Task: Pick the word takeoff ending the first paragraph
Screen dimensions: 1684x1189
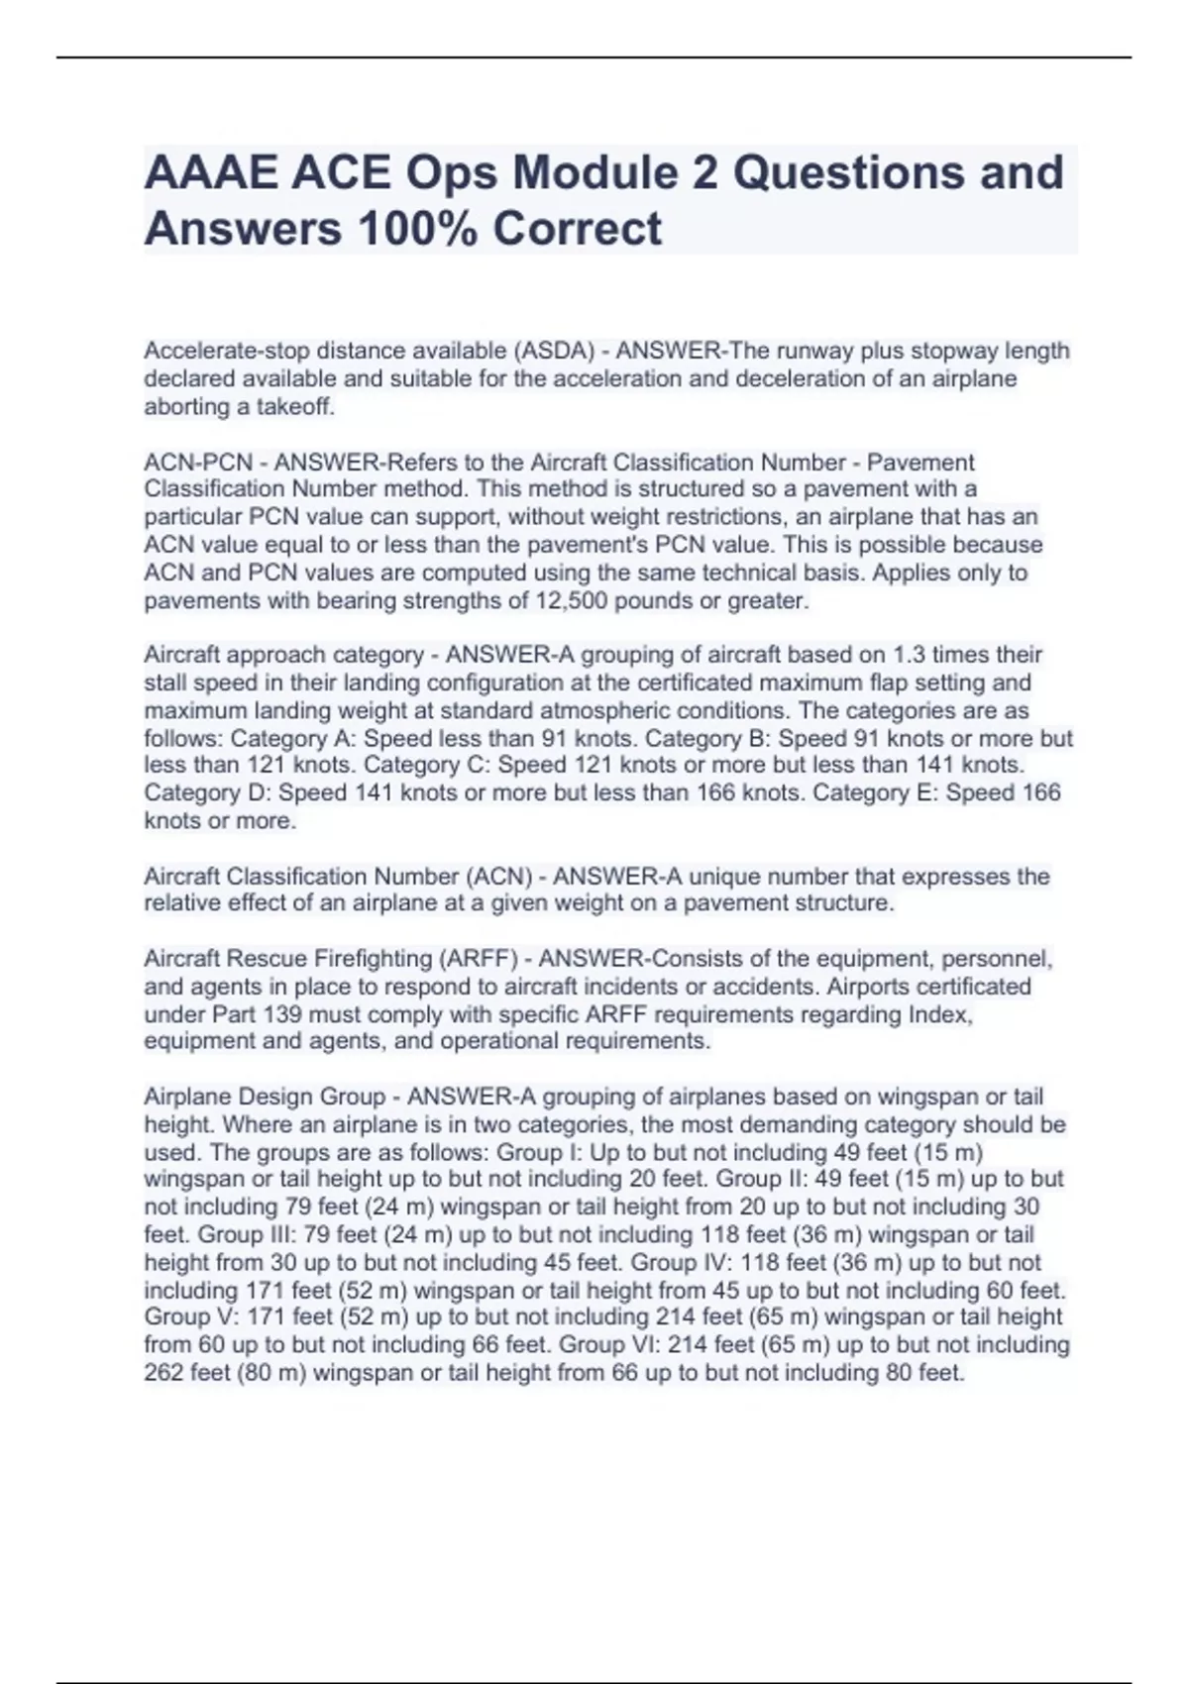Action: click(295, 406)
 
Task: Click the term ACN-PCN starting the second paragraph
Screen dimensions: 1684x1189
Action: click(198, 463)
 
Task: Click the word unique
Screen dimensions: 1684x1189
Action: click(727, 877)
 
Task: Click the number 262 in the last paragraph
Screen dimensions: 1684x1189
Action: click(163, 1373)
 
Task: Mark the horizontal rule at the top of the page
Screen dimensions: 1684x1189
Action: click(594, 57)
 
